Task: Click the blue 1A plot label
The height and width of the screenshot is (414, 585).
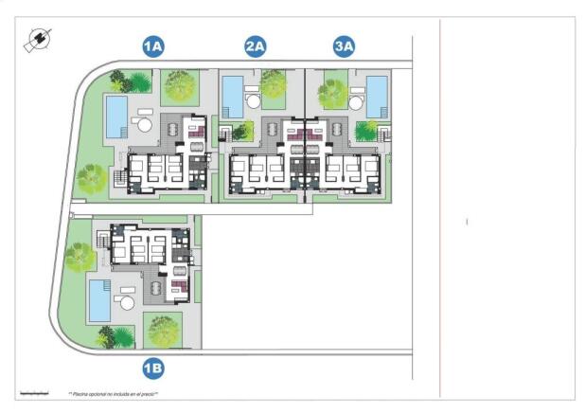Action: (x=153, y=45)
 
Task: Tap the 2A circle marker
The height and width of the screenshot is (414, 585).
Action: (x=255, y=45)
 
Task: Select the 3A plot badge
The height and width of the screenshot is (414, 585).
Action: (x=344, y=45)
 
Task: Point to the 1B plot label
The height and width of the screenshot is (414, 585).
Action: (x=153, y=369)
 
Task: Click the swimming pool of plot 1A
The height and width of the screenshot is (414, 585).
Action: (x=116, y=115)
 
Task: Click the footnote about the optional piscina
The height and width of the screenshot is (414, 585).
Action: (x=113, y=392)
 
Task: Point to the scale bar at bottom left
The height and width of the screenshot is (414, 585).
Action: (x=32, y=390)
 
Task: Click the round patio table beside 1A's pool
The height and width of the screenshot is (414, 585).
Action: (x=144, y=124)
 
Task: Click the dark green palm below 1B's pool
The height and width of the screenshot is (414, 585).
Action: (x=104, y=334)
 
